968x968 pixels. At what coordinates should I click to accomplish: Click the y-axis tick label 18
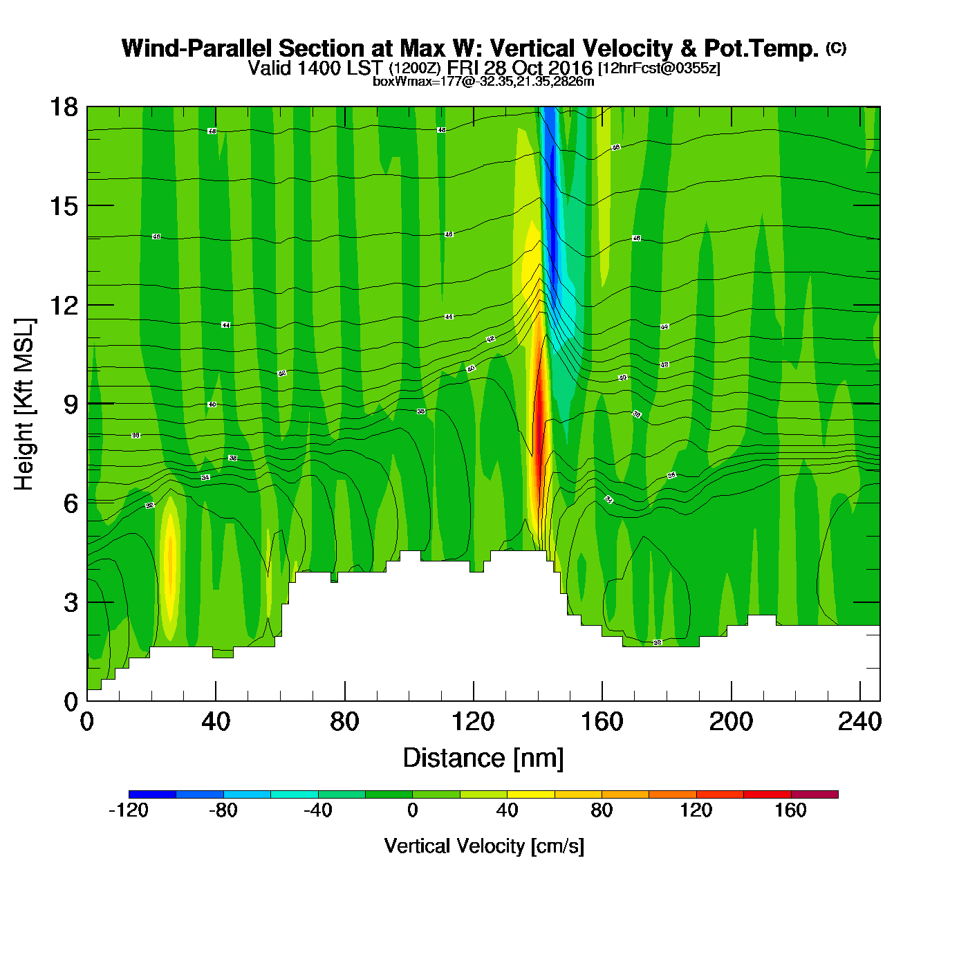coord(63,107)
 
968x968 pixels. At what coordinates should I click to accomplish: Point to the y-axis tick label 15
coord(63,206)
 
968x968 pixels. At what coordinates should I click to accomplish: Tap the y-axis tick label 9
coord(71,404)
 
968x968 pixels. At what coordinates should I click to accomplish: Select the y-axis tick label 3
coord(71,603)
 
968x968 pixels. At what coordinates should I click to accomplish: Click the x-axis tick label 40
coord(216,722)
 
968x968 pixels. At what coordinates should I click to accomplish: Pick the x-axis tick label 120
coord(473,722)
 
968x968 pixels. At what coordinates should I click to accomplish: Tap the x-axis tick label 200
coord(731,722)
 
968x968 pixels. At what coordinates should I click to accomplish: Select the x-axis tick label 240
coord(859,722)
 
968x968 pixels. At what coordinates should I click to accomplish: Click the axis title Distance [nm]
coord(483,758)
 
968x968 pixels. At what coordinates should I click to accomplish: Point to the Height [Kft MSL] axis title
coord(24,404)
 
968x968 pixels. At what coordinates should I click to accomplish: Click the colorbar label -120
coord(129,810)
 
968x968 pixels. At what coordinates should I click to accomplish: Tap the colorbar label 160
coord(790,810)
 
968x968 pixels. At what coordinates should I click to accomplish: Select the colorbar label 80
coord(602,810)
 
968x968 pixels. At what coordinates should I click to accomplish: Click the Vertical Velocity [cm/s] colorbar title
coord(484,846)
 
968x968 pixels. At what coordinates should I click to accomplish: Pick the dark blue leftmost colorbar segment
coord(152,794)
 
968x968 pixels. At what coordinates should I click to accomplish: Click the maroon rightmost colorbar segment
coord(815,794)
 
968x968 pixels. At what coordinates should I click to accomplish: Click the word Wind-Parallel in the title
coord(198,48)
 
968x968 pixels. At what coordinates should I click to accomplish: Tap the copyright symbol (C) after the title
coord(836,48)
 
